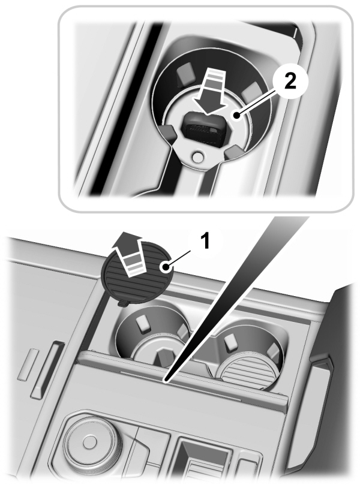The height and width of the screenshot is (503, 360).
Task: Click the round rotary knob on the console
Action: point(88,443)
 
